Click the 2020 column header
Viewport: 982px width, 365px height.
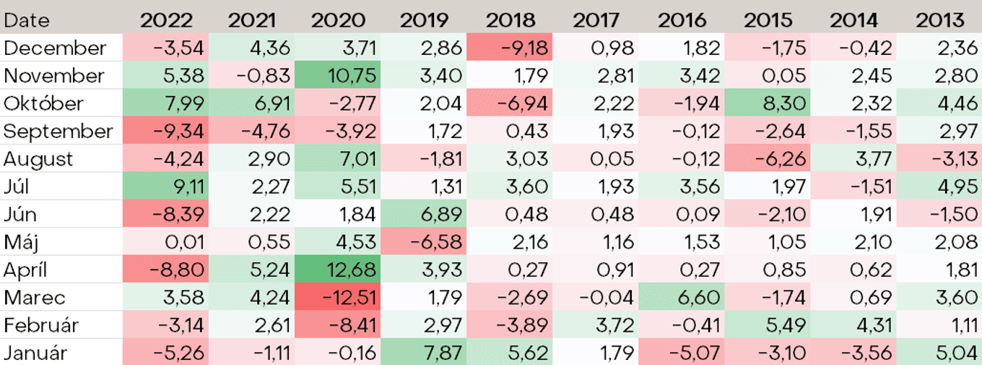pos(338,20)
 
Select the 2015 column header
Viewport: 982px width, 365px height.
pos(768,20)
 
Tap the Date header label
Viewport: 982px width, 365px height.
pos(26,20)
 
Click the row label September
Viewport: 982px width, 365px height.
pos(58,132)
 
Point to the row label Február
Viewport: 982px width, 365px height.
pos(41,325)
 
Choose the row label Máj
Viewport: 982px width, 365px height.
pos(21,242)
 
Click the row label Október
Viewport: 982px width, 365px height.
pos(43,103)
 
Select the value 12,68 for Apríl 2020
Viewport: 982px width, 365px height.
pos(351,270)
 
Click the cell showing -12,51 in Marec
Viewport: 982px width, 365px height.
pos(349,298)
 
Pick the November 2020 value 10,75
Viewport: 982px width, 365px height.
pos(352,75)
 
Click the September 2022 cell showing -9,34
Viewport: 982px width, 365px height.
pos(178,131)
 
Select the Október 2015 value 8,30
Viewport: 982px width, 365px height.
pos(784,103)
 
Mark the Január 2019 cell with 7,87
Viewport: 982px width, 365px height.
pos(441,353)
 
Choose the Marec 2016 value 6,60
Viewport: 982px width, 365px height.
pos(699,298)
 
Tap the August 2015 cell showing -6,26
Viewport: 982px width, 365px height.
pos(781,159)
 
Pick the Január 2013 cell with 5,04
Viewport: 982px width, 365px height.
pos(957,353)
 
